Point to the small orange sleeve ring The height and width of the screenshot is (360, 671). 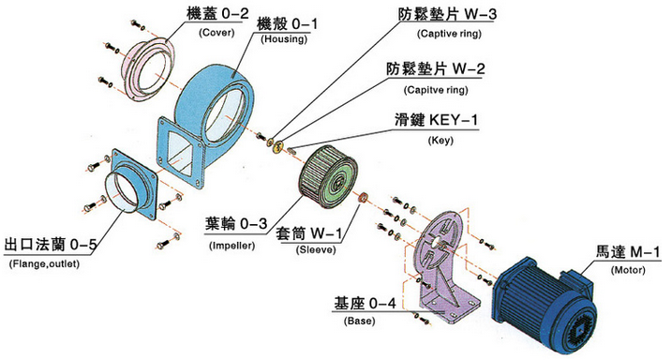(x=364, y=198)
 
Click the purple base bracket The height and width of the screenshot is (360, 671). (x=445, y=265)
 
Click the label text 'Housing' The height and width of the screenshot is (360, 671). (x=284, y=39)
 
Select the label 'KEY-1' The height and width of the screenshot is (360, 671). (x=454, y=119)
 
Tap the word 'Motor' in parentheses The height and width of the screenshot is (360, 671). (x=628, y=270)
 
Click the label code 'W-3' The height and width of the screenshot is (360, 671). (x=481, y=14)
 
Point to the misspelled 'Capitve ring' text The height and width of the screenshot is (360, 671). (x=436, y=90)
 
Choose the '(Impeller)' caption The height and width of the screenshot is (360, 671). (x=231, y=246)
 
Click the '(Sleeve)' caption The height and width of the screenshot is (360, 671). (x=316, y=250)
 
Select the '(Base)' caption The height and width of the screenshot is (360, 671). (x=360, y=321)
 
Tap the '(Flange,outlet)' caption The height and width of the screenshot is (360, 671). (x=44, y=263)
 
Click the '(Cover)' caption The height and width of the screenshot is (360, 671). (x=216, y=33)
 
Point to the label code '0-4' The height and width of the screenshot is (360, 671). (x=382, y=304)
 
